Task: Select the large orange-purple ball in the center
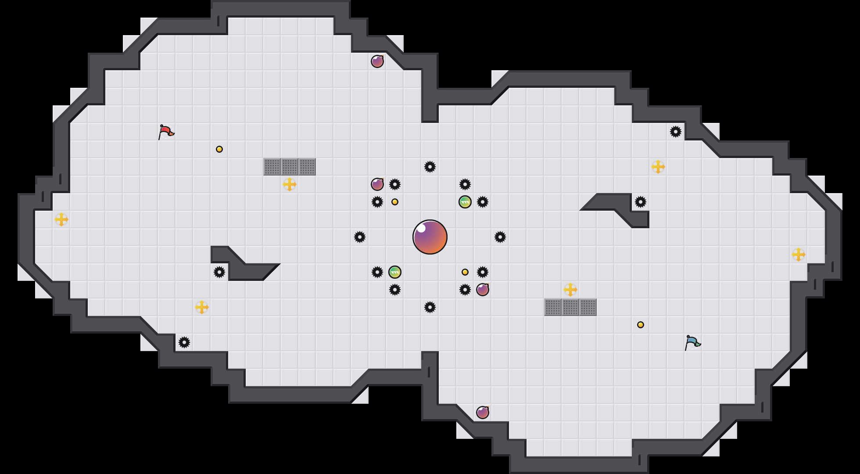[430, 237]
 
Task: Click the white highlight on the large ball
[421, 228]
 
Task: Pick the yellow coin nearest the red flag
[219, 149]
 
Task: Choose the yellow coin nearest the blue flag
[641, 325]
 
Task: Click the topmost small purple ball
[377, 61]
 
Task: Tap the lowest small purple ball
[483, 413]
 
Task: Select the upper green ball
[465, 202]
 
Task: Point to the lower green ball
[395, 272]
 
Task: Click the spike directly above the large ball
[430, 167]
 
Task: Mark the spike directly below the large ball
[430, 307]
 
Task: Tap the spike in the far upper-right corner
[676, 132]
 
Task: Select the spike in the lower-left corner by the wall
[184, 342]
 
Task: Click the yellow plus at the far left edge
[61, 219]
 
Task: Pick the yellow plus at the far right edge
[799, 255]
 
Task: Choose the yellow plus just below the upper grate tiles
[290, 184]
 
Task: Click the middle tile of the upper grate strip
[290, 167]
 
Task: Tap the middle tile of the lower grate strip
[570, 307]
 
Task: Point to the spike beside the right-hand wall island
[641, 202]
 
